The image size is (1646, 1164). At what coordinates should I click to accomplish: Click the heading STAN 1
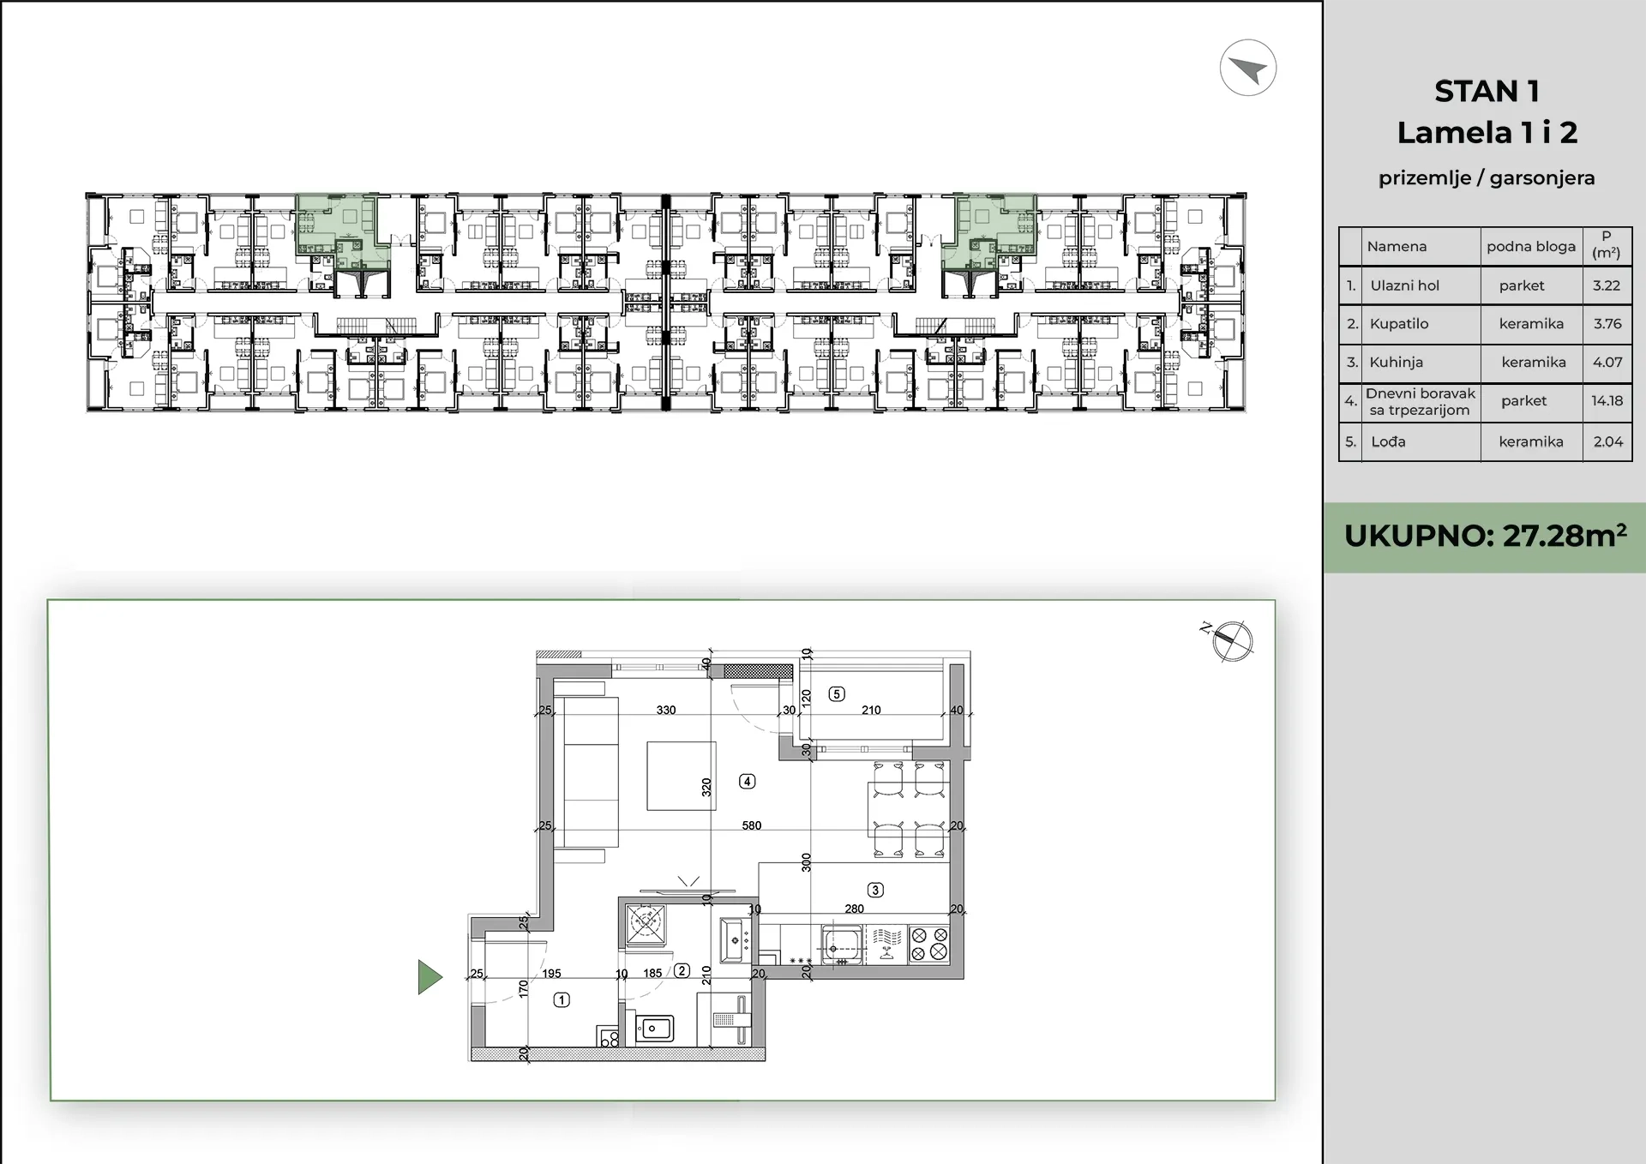click(1487, 91)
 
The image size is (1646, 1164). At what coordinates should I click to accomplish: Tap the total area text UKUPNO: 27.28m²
click(1485, 536)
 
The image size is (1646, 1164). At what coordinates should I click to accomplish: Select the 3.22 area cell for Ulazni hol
click(1607, 285)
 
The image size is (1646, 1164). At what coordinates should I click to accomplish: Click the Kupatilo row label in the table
click(1399, 323)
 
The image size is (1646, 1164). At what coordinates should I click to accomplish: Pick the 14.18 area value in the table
click(1607, 400)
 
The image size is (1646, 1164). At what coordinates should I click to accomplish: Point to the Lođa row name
click(1388, 441)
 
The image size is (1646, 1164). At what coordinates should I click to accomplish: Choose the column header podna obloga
click(1531, 246)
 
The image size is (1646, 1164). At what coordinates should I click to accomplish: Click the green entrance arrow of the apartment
click(430, 977)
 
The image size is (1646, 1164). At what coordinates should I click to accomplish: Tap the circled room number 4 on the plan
click(748, 781)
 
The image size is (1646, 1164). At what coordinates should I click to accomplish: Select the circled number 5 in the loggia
click(838, 694)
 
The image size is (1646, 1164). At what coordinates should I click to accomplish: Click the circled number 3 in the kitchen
click(875, 890)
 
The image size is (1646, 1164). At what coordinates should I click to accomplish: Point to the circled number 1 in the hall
click(562, 999)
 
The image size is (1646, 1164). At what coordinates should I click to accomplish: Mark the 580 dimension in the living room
click(752, 825)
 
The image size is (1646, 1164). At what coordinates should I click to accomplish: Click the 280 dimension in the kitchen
click(855, 909)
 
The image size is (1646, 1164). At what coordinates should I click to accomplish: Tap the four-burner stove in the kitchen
click(929, 944)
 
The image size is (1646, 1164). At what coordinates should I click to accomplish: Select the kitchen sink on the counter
click(843, 945)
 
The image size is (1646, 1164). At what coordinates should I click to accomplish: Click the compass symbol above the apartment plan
click(1233, 640)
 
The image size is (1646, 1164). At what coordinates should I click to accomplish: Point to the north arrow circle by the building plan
click(1248, 68)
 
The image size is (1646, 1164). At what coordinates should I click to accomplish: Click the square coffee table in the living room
click(682, 776)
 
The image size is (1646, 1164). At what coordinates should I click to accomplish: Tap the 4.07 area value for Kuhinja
click(1607, 362)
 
